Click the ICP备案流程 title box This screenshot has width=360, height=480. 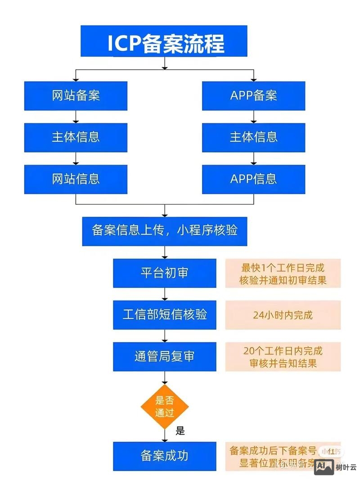[164, 41]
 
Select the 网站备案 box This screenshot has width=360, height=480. [76, 95]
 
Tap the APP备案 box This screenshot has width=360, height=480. [253, 95]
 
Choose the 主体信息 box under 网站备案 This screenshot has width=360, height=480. [76, 137]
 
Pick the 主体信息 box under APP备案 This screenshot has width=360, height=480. [253, 137]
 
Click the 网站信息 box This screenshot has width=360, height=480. [76, 179]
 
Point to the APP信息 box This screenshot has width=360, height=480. [253, 179]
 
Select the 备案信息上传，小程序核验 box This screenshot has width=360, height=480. [164, 231]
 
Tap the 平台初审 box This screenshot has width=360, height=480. [164, 273]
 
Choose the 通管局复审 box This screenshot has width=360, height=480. [164, 357]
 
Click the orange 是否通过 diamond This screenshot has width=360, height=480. [164, 406]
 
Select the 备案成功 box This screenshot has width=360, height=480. [164, 456]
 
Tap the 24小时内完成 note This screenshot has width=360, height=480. [283, 315]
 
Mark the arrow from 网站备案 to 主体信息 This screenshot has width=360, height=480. [76, 117]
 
